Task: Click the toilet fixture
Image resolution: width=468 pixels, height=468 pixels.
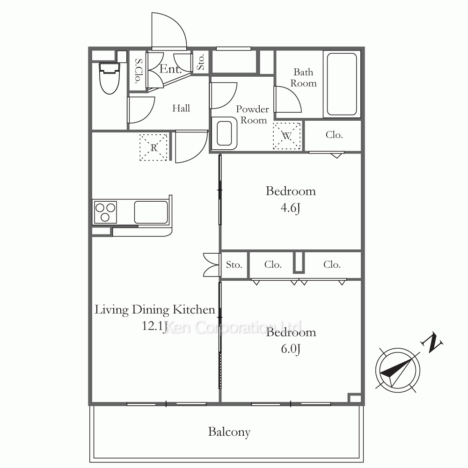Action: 109,78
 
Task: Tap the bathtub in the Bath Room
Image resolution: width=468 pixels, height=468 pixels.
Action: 342,84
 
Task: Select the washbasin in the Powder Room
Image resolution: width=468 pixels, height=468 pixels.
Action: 224,133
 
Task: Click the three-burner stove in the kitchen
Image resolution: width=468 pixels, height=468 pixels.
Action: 105,212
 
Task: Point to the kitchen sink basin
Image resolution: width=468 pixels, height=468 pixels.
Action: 151,212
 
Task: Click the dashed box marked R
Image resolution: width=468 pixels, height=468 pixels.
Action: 154,147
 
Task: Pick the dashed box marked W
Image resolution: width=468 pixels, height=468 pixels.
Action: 286,136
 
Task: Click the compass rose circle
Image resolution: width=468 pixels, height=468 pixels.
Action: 397,370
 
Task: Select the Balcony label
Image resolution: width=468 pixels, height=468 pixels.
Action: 229,432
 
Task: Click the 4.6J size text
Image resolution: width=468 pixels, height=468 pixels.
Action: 291,208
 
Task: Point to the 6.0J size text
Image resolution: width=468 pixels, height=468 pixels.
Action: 291,349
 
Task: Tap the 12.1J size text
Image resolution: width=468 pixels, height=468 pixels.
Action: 154,326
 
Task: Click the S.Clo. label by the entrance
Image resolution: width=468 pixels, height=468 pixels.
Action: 138,71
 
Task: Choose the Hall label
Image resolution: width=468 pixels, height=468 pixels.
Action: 181,108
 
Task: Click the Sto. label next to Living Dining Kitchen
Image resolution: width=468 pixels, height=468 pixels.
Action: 234,265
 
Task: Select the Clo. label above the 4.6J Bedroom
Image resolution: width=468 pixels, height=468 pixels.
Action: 334,135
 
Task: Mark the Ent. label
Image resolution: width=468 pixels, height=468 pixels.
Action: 170,69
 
